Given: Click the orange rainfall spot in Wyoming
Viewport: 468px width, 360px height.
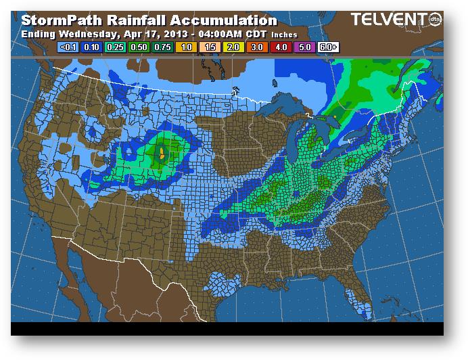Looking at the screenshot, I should pyautogui.click(x=162, y=153).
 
